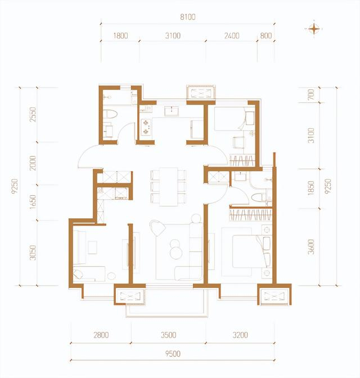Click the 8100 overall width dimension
tap(188, 17)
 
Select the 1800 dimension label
tap(120, 35)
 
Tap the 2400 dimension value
tap(232, 35)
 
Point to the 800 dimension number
tap(266, 35)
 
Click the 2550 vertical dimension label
tap(33, 115)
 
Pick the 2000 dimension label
tap(33, 163)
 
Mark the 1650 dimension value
tap(33, 202)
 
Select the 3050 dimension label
tap(33, 253)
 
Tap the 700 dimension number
tap(311, 94)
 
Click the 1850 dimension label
tap(311, 188)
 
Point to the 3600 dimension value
tap(311, 247)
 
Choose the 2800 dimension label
tap(101, 335)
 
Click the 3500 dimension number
tap(169, 335)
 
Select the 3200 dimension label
tap(240, 335)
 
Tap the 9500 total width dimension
tap(173, 354)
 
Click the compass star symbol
tap(314, 29)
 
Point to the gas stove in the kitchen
tap(146, 127)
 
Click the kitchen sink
tap(172, 111)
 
